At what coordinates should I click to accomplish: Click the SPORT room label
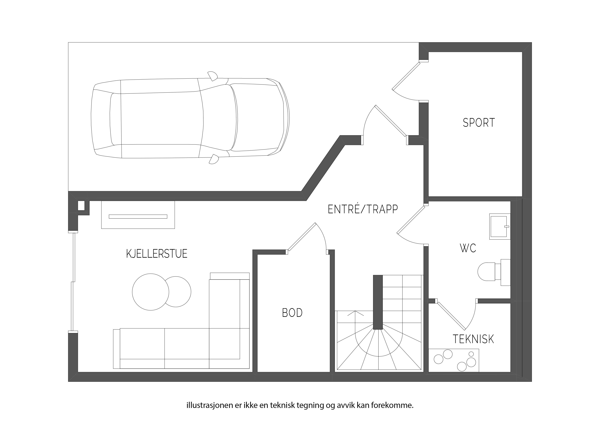click(x=479, y=123)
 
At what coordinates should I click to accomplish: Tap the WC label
click(x=468, y=248)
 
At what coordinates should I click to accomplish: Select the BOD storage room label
click(x=292, y=313)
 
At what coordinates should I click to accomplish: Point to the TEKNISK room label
click(x=473, y=339)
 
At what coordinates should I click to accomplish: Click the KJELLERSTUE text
click(x=157, y=254)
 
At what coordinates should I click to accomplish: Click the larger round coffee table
click(x=151, y=292)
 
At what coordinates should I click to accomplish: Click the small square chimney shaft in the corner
click(x=81, y=206)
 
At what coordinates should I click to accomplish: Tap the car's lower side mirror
click(x=214, y=159)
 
